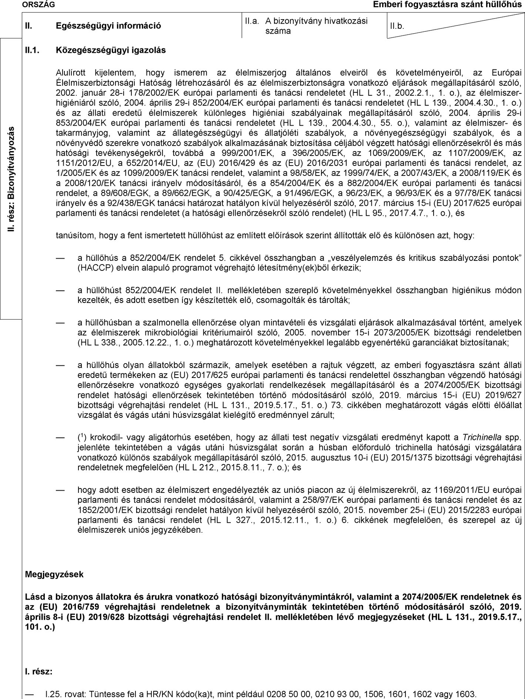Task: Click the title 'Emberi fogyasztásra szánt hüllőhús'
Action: coord(449,4)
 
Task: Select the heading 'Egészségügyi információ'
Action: coord(108,26)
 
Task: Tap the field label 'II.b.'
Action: coord(397,27)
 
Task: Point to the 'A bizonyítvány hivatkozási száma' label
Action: coord(316,26)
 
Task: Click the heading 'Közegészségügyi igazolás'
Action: coord(111,50)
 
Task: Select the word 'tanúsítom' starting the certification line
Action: coord(72,235)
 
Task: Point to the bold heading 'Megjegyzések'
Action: coord(54,574)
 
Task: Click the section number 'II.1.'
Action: coord(32,50)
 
